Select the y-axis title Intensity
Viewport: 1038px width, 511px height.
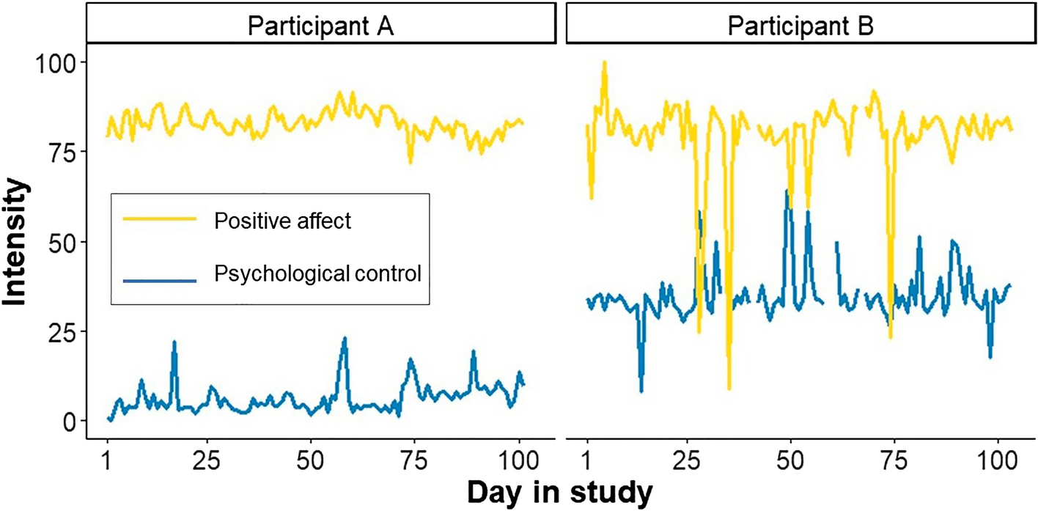pyautogui.click(x=16, y=242)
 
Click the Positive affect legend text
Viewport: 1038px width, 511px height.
pyautogui.click(x=283, y=221)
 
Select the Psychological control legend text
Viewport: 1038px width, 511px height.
pyautogui.click(x=317, y=275)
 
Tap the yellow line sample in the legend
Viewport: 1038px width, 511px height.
pyautogui.click(x=160, y=218)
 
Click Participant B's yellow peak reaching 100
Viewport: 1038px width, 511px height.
pyautogui.click(x=605, y=63)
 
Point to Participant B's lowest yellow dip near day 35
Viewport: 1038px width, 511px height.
pyautogui.click(x=729, y=388)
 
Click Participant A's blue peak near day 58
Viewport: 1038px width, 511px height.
pyautogui.click(x=344, y=339)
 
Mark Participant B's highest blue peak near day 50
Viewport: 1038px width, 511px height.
pyautogui.click(x=787, y=191)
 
